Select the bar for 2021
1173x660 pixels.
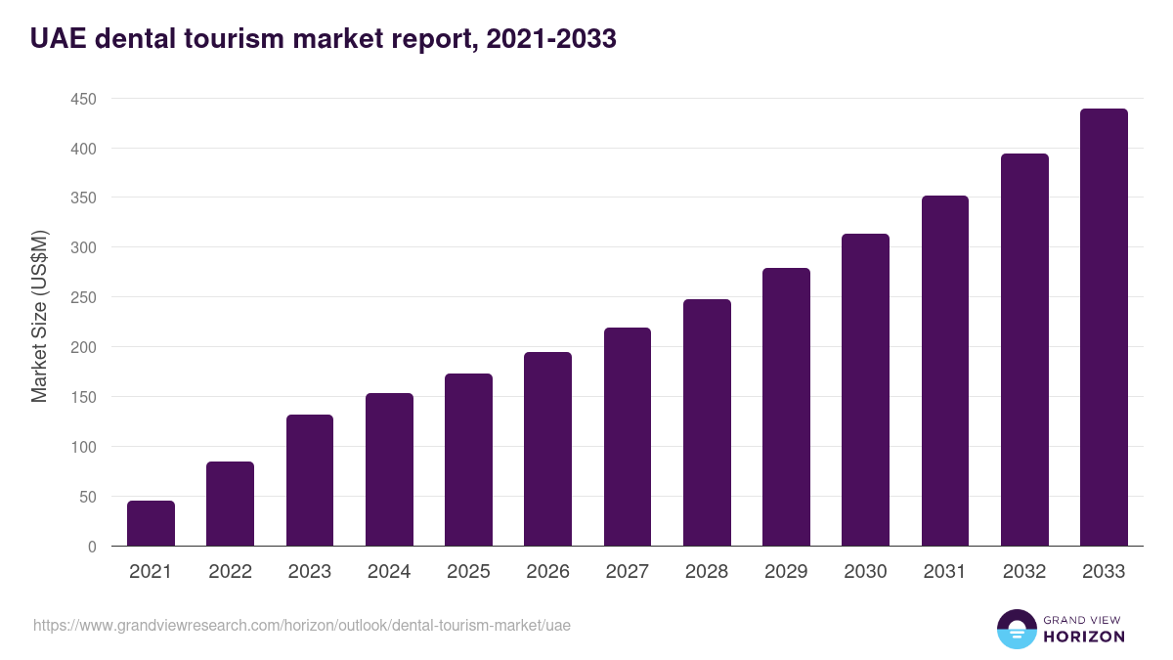click(x=151, y=523)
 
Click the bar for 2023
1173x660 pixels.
click(x=310, y=480)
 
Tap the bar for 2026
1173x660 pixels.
click(x=547, y=449)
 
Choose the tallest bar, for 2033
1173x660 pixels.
click(x=1104, y=328)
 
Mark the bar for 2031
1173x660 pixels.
click(x=944, y=371)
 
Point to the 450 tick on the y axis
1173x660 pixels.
click(x=83, y=99)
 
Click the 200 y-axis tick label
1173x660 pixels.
click(x=83, y=347)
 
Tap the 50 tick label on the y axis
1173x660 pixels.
click(x=87, y=497)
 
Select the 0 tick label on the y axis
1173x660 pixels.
click(x=92, y=547)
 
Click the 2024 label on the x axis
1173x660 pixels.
click(x=389, y=572)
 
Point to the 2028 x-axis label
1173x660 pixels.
click(x=707, y=572)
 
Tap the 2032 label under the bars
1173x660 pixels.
click(x=1024, y=572)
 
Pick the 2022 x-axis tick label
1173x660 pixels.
click(x=230, y=572)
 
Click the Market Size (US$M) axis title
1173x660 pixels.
click(x=39, y=315)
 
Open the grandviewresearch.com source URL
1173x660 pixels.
click(x=302, y=625)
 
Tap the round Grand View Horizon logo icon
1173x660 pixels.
click(x=1016, y=629)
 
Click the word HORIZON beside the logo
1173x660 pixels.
click(x=1083, y=637)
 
